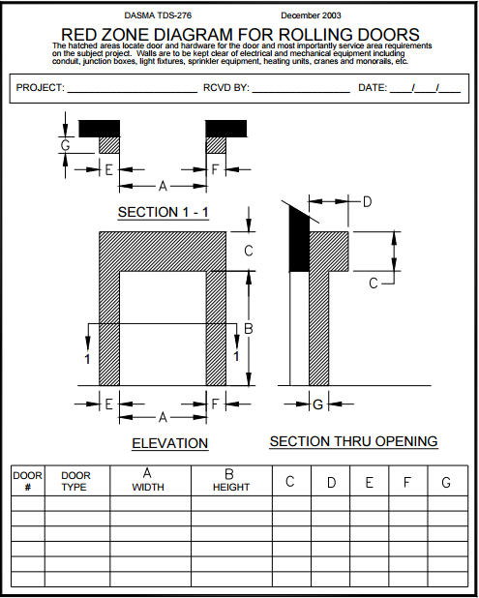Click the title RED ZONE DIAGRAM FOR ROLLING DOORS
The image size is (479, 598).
click(240, 35)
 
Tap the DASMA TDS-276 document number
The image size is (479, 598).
click(158, 16)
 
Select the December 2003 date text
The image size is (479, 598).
click(310, 16)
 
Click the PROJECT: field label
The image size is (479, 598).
click(40, 88)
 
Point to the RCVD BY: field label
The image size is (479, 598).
click(225, 88)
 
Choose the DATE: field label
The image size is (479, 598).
click(373, 88)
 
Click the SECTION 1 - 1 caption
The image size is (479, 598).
click(163, 212)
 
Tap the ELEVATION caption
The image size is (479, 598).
click(169, 443)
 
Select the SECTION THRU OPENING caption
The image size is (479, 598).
click(353, 441)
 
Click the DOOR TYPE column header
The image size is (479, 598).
click(75, 481)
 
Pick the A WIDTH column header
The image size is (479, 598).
click(149, 480)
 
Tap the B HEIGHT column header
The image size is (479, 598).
click(230, 480)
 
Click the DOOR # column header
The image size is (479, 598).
click(27, 481)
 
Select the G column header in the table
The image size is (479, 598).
click(445, 482)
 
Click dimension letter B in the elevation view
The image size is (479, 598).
click(248, 330)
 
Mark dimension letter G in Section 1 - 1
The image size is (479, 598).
click(65, 145)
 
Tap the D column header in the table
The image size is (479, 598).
click(331, 482)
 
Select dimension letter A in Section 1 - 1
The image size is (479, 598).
click(163, 185)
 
